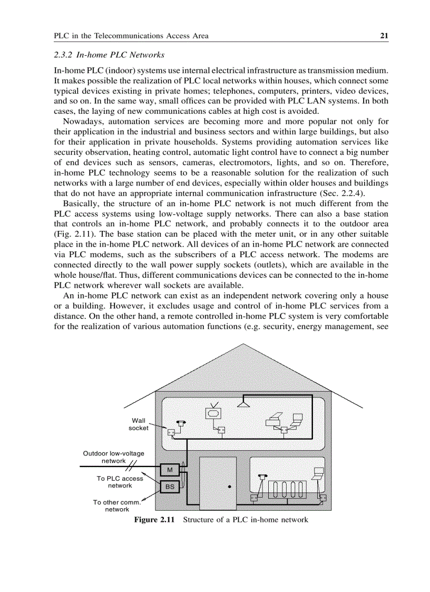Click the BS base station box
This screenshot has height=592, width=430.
(170, 487)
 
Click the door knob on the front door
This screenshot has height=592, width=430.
(230, 487)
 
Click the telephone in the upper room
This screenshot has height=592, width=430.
(181, 423)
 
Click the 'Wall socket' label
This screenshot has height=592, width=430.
(139, 424)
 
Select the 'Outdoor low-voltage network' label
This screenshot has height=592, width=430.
(113, 457)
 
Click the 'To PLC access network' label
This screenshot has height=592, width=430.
(120, 482)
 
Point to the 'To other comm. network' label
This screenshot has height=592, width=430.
(116, 506)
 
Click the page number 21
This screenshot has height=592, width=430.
(384, 36)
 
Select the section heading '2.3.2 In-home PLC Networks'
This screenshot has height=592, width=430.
(109, 55)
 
